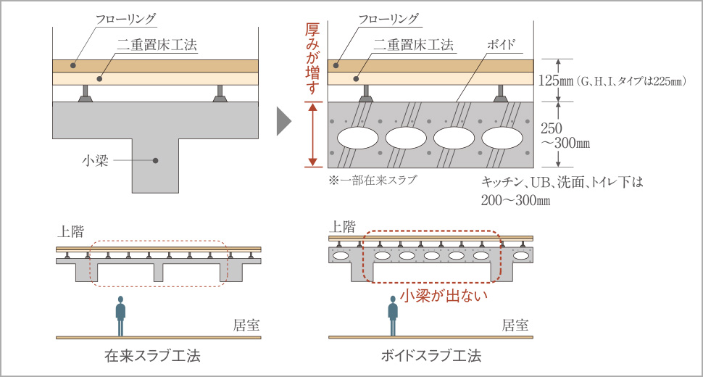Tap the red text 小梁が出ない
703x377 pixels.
point(442,295)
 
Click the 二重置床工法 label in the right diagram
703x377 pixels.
point(415,44)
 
